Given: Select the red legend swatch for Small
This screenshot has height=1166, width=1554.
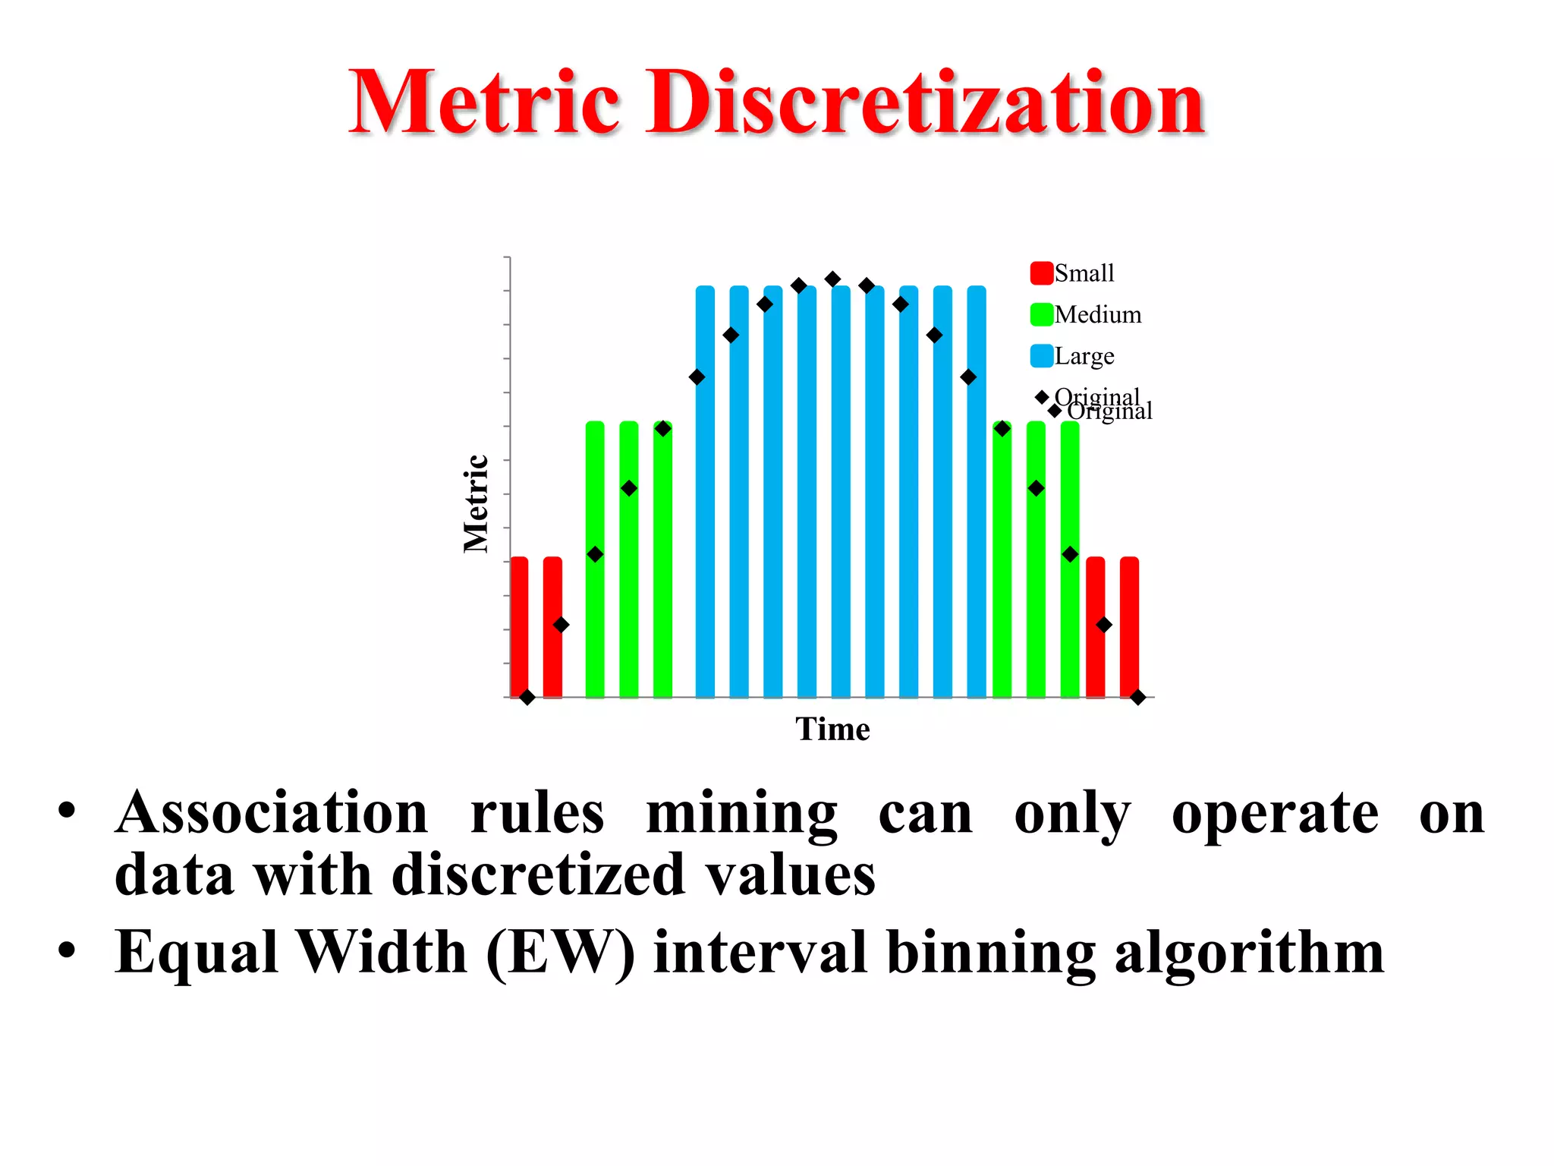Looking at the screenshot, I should point(1041,273).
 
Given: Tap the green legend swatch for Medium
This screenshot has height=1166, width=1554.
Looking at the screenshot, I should point(1041,314).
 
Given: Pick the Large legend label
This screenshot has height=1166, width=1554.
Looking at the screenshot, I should point(1084,356).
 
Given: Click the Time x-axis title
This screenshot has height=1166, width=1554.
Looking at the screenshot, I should point(832,730).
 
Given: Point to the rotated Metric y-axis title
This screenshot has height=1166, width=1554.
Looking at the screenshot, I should point(476,503).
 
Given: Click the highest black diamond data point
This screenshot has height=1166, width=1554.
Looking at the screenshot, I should point(832,279).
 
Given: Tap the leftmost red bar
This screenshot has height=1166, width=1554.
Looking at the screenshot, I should point(519,626).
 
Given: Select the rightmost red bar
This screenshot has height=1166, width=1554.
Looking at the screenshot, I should point(1129,626).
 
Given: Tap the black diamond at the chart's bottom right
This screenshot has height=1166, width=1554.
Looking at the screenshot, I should point(1137,697).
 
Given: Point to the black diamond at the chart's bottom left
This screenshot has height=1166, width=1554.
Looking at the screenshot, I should point(527,697).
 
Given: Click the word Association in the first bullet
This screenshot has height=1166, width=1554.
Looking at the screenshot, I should point(272,814).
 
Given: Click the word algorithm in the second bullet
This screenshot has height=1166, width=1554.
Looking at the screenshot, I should point(1249,953).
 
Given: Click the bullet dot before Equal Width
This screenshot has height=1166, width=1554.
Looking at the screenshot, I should point(67,950).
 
